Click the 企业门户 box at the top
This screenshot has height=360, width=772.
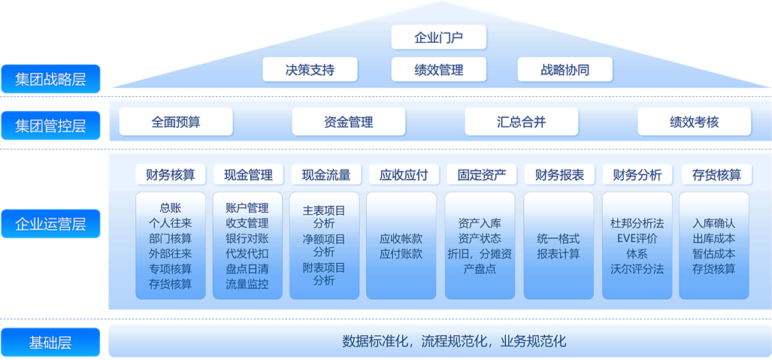pyautogui.click(x=439, y=38)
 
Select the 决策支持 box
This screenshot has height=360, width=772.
pyautogui.click(x=310, y=70)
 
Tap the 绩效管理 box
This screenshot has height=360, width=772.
pyautogui.click(x=439, y=70)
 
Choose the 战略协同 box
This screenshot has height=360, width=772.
pyautogui.click(x=565, y=70)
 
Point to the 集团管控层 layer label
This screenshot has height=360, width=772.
pyautogui.click(x=50, y=125)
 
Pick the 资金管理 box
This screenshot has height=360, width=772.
pyautogui.click(x=348, y=122)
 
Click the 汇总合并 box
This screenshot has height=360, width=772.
pyautogui.click(x=521, y=122)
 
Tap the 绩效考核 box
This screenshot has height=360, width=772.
pyautogui.click(x=694, y=122)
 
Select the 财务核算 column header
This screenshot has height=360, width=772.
pyautogui.click(x=170, y=175)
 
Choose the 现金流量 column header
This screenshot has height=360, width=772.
pyautogui.click(x=326, y=175)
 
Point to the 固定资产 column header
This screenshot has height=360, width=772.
pyautogui.click(x=482, y=175)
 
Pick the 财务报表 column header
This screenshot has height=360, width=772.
pyautogui.click(x=560, y=175)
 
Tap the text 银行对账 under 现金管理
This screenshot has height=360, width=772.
pyautogui.click(x=247, y=238)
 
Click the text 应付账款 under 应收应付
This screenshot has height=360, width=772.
pyautogui.click(x=401, y=254)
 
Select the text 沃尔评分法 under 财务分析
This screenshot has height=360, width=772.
pyautogui.click(x=637, y=268)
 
